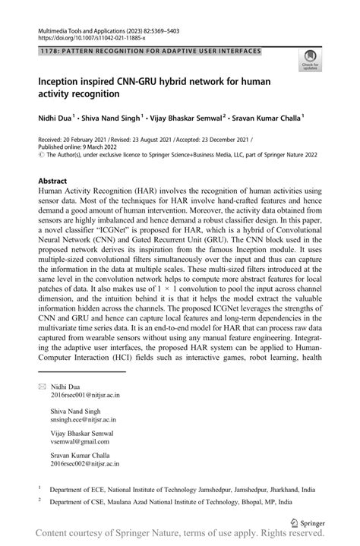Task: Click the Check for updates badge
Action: pyautogui.click(x=310, y=59)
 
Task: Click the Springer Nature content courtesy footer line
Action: pyautogui.click(x=180, y=536)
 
